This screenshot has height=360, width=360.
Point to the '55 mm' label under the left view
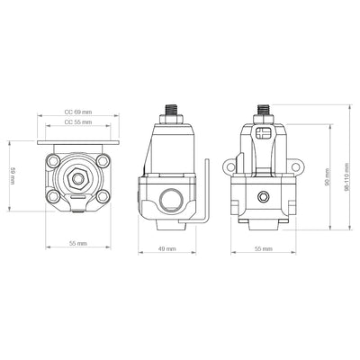click(x=77, y=244)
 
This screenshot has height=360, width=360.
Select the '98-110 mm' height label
click(x=347, y=166)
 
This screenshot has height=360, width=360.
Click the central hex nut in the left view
click(x=78, y=176)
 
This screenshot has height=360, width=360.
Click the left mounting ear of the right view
click(x=233, y=167)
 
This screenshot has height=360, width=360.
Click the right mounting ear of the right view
click(x=293, y=167)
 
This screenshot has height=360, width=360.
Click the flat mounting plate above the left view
click(x=77, y=143)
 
